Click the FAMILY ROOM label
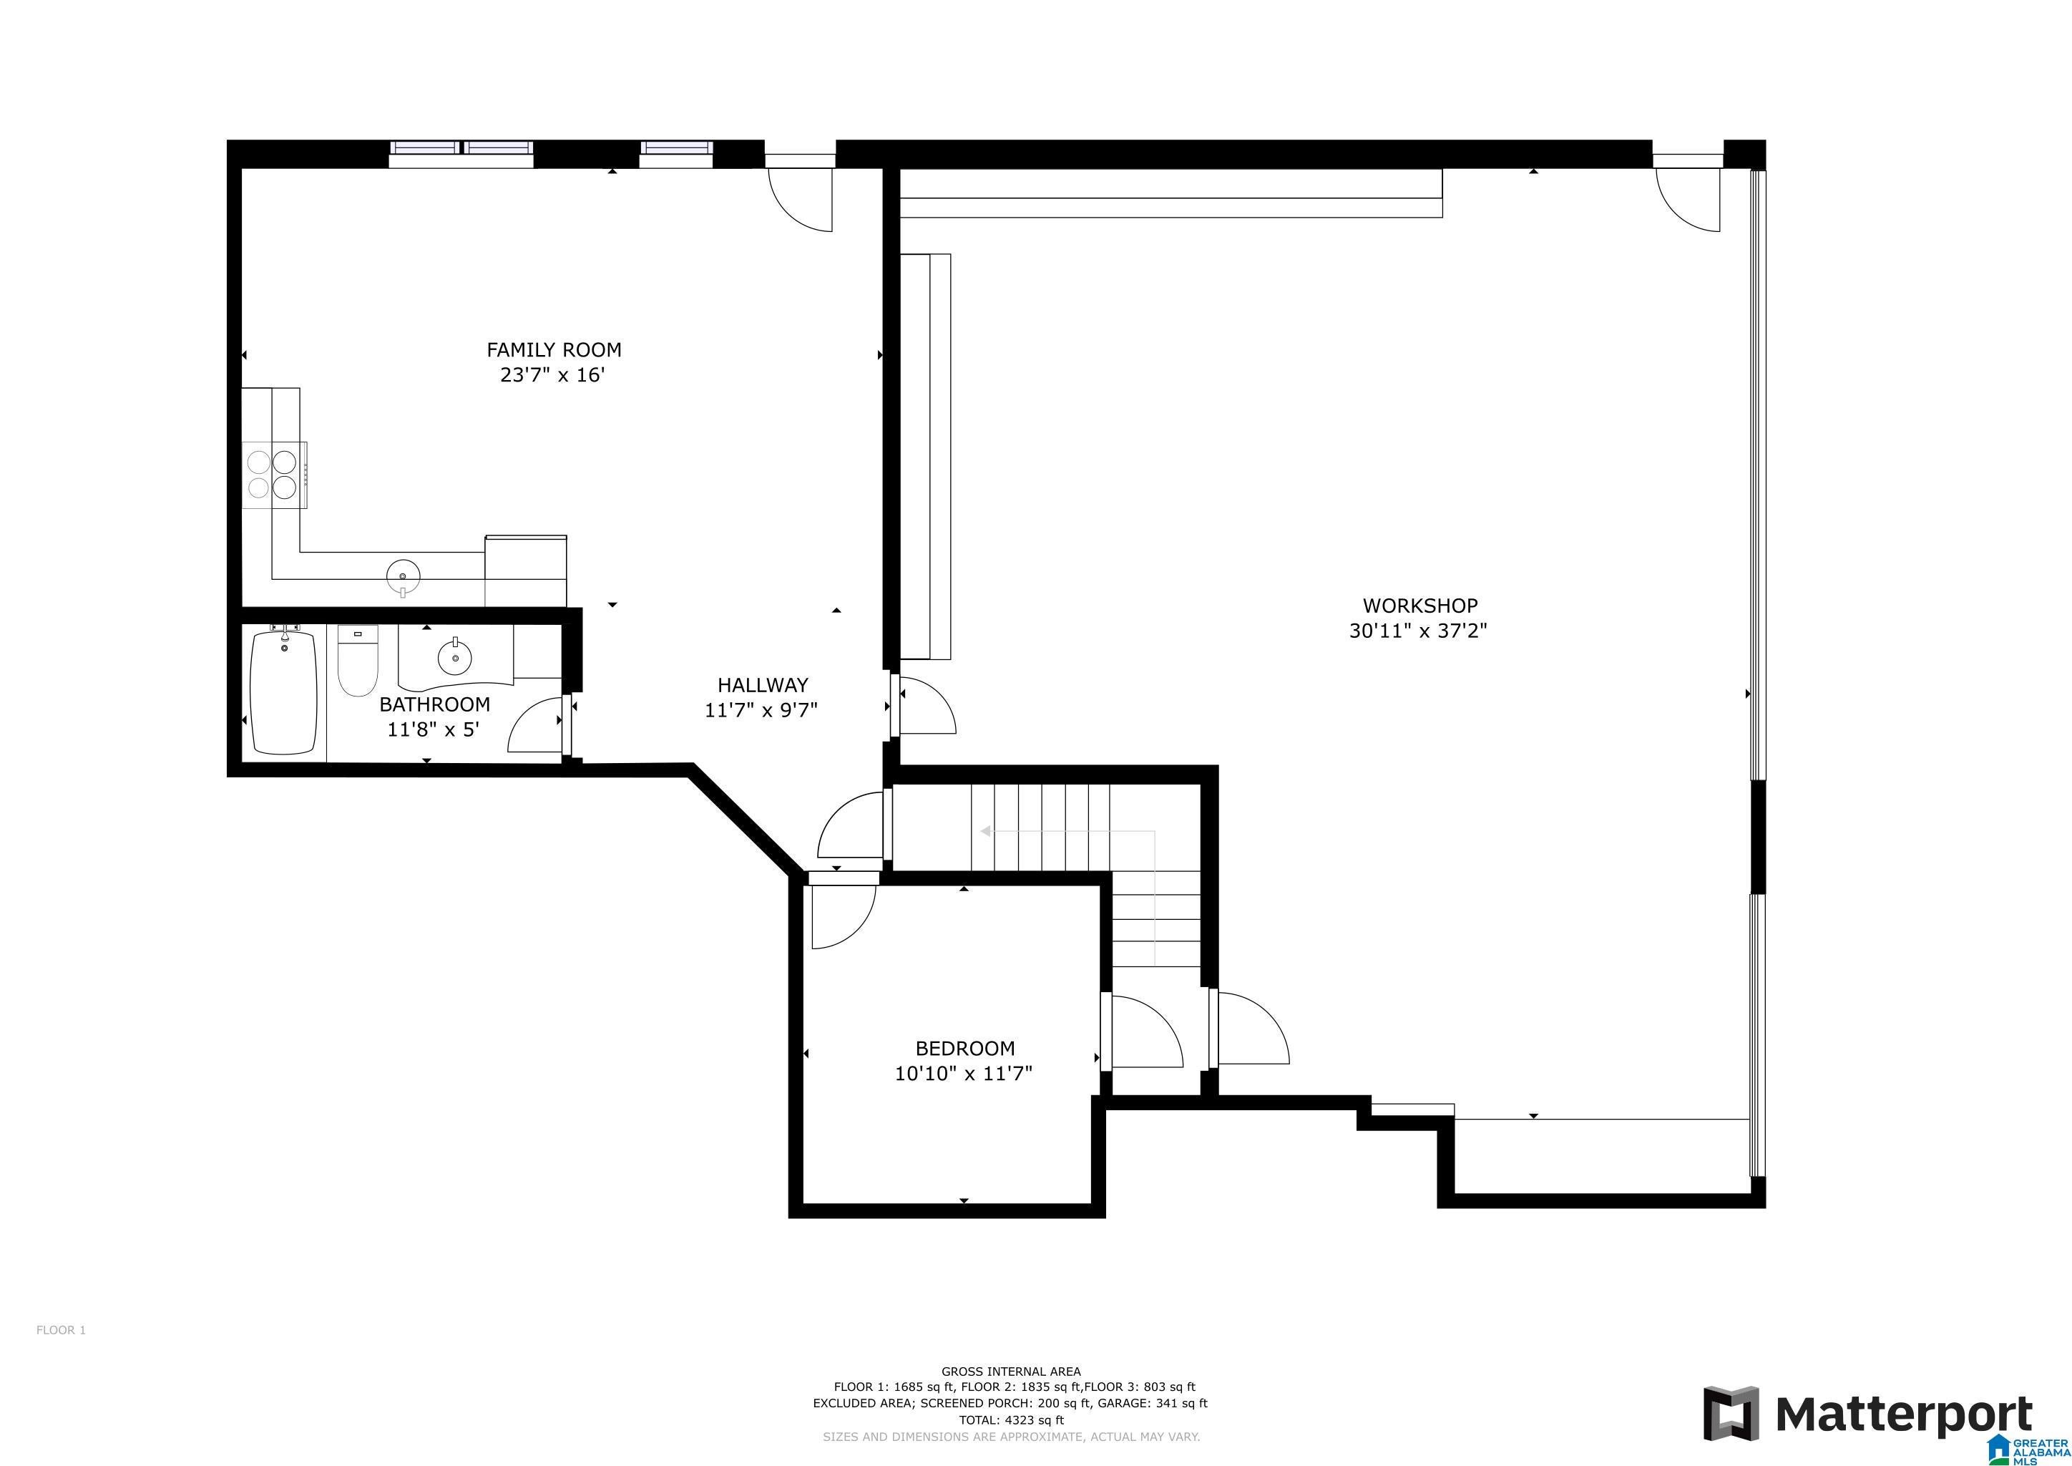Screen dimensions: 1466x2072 (x=553, y=349)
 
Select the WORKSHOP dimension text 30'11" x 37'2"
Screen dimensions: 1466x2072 (x=1419, y=631)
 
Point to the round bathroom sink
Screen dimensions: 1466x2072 (x=454, y=656)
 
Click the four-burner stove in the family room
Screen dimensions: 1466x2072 (x=273, y=475)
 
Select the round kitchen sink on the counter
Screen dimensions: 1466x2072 (x=404, y=574)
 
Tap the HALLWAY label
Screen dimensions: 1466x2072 (x=763, y=685)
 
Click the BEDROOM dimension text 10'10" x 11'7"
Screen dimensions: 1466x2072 (x=963, y=1073)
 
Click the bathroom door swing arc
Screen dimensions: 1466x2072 (x=532, y=727)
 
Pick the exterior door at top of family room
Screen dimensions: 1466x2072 (x=800, y=195)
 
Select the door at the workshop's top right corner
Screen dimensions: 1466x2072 (x=1688, y=195)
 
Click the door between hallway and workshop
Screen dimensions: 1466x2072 (x=925, y=706)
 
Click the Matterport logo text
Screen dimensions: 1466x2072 (x=1904, y=1414)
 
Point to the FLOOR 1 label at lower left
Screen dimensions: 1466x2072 (x=61, y=1330)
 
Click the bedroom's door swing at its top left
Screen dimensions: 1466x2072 (x=841, y=916)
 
